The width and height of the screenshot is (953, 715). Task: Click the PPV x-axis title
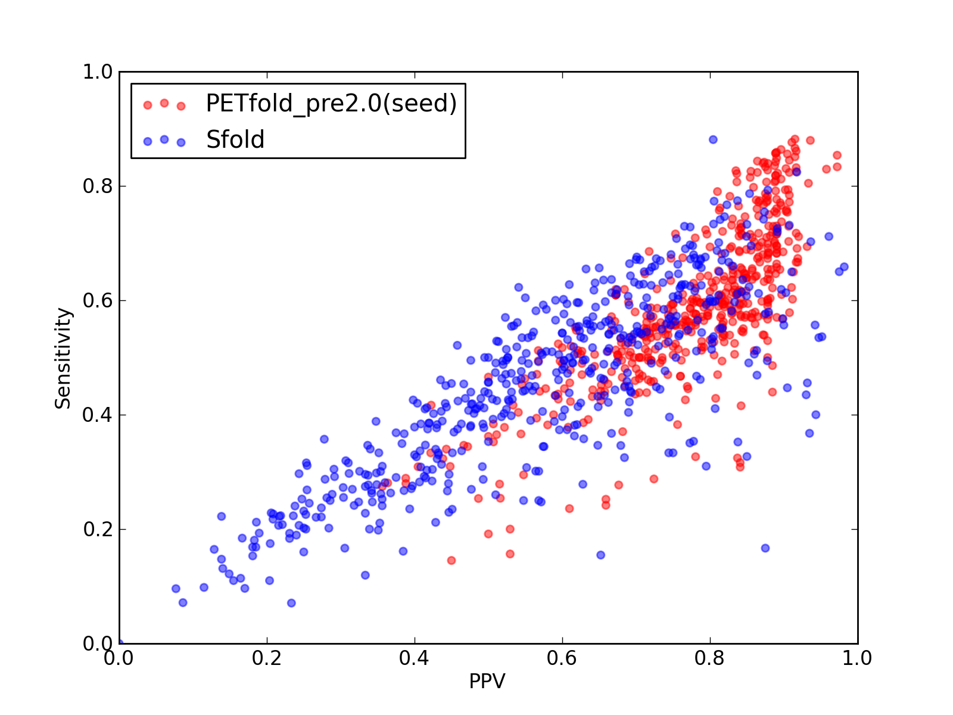(487, 680)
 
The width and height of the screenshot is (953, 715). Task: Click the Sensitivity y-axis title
(63, 358)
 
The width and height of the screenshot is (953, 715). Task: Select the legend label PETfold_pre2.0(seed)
(331, 103)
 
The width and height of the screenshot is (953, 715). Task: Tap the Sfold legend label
(235, 139)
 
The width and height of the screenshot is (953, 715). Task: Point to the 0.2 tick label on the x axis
(267, 658)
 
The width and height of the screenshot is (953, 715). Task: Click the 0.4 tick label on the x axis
(414, 658)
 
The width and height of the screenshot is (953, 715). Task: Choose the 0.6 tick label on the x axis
(562, 658)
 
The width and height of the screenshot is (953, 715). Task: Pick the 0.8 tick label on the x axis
(709, 658)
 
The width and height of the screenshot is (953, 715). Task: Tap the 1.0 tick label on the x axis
(857, 658)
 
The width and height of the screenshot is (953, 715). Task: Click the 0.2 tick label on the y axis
(98, 529)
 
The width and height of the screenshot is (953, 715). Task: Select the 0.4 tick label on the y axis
(98, 415)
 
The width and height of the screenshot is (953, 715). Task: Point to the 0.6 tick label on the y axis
(98, 300)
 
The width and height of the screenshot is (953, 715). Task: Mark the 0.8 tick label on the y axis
(98, 186)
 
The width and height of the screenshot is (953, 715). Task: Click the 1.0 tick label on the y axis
(98, 71)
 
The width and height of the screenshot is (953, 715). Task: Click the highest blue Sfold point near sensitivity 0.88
(713, 140)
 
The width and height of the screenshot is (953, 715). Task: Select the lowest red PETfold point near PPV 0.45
(451, 561)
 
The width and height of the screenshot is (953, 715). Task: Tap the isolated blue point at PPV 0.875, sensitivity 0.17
(765, 548)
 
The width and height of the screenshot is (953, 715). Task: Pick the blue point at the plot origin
(120, 643)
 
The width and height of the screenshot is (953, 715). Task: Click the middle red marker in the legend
(164, 103)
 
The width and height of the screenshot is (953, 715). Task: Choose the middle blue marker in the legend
(164, 139)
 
